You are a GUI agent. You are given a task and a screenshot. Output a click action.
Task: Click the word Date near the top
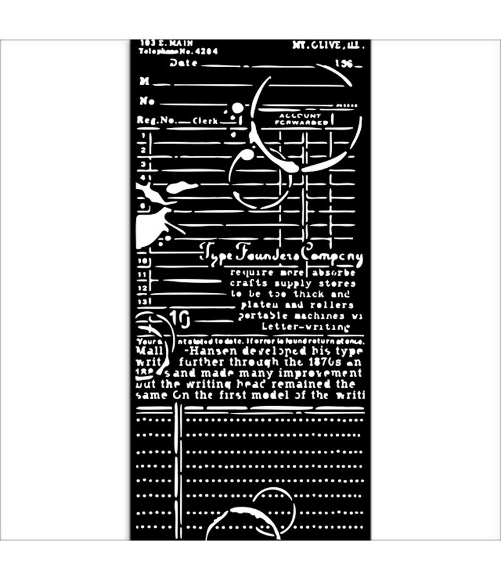pyautogui.click(x=183, y=63)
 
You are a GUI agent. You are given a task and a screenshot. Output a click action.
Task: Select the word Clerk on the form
pyautogui.click(x=205, y=121)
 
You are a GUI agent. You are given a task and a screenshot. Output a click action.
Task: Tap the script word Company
pyautogui.click(x=331, y=256)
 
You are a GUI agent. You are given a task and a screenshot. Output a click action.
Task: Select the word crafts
pyautogui.click(x=247, y=283)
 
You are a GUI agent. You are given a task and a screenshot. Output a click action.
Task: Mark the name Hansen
pyautogui.click(x=212, y=351)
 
